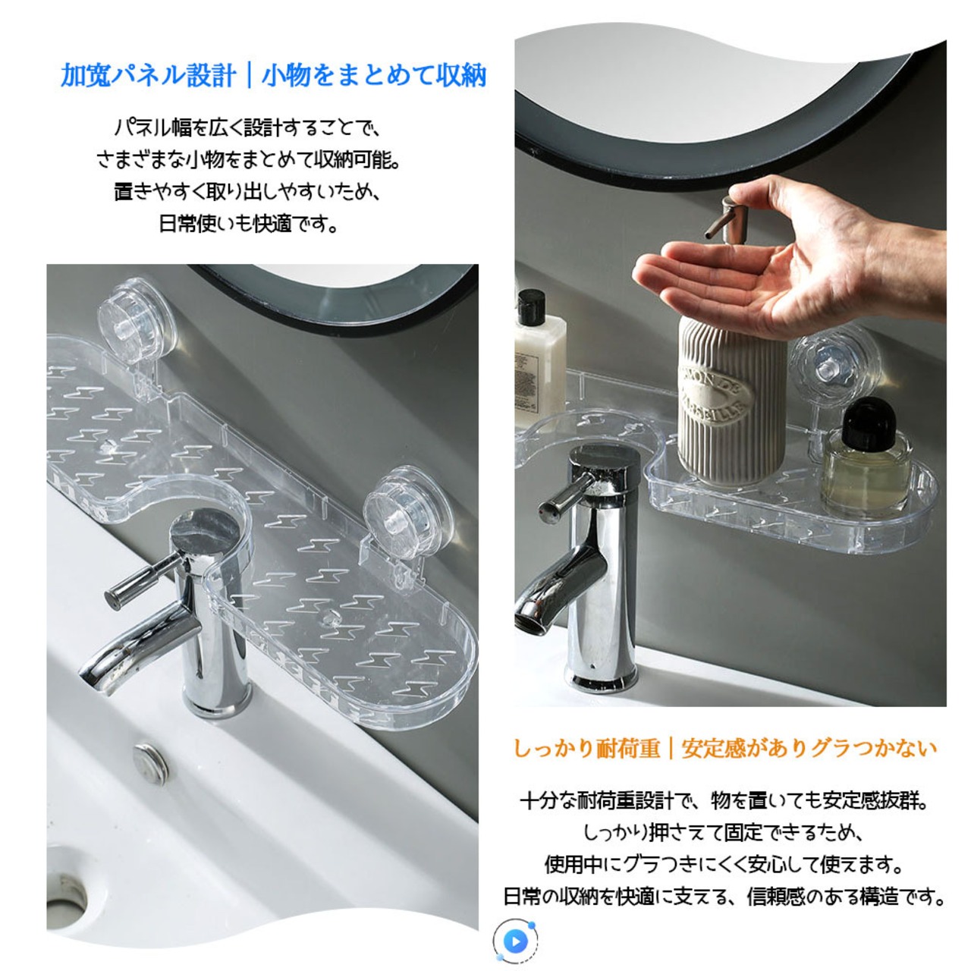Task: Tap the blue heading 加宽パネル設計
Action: tap(148, 76)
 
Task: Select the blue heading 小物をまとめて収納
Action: tap(374, 76)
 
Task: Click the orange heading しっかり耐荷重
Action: tap(586, 748)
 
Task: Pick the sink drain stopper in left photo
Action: tap(150, 763)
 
